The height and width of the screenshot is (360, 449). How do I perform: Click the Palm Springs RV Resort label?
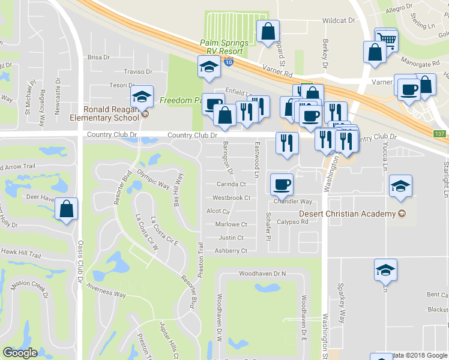pos(223,47)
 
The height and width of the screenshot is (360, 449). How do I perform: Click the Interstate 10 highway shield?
pos(229,61)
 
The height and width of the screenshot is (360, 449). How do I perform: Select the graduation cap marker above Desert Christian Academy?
pos(400,186)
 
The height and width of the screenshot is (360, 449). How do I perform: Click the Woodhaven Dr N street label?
pos(263,274)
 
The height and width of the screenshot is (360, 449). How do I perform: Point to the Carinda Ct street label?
pos(232,184)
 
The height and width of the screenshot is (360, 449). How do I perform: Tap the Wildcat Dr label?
pos(339,20)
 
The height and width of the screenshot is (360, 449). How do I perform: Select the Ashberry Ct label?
pos(231,251)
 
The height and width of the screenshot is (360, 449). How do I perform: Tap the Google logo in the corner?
pos(20,353)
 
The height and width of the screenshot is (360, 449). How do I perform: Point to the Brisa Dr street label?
pos(98,58)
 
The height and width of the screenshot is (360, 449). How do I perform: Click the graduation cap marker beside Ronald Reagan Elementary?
pos(142,97)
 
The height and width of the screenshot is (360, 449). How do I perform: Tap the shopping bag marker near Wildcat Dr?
pos(268,32)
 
